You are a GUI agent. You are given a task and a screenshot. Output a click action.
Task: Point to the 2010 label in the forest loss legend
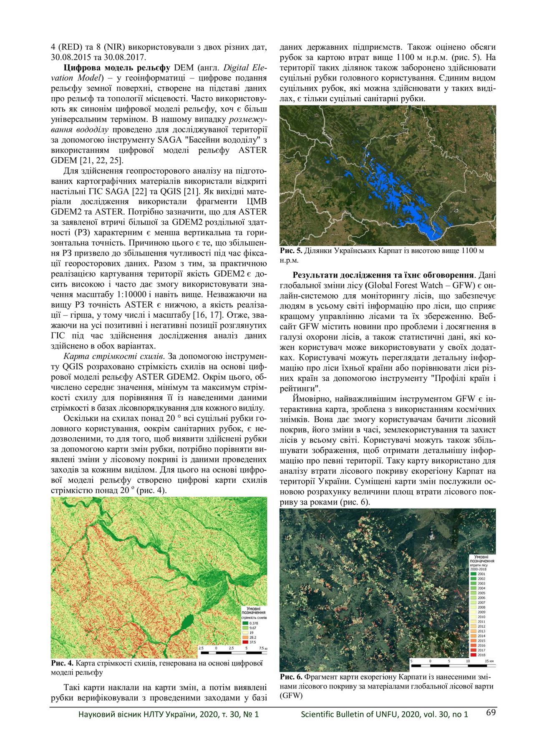pyautogui.click(x=481, y=617)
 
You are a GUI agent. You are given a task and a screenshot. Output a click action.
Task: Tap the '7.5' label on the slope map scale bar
pyautogui.click(x=261, y=648)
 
